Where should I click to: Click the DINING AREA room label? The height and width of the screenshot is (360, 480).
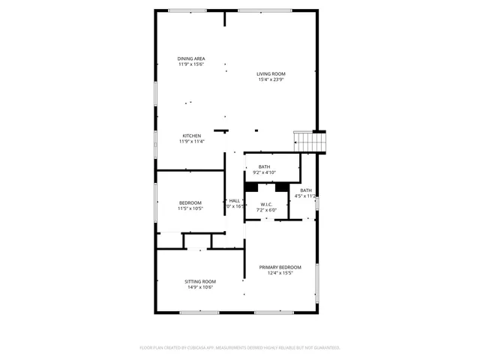point(191,58)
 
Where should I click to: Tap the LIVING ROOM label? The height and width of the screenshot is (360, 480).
point(271,73)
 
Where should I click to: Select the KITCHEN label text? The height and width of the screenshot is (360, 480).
point(191,136)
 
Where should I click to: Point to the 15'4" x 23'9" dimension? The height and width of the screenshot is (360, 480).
point(271,80)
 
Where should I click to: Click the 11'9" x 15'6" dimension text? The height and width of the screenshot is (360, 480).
point(191,65)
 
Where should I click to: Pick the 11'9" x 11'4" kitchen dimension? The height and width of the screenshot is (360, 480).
point(191,142)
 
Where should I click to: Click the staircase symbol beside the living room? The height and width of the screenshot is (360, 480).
point(308,140)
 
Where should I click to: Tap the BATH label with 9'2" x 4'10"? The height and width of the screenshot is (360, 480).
point(264,166)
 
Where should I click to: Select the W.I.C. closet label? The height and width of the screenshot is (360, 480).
point(266,204)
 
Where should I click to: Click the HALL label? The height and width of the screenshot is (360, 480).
point(235,200)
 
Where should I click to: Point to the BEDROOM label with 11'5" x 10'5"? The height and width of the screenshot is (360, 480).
point(190,203)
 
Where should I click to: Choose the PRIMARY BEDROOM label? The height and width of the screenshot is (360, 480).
point(280,267)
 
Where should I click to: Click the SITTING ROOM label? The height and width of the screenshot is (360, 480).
point(199,281)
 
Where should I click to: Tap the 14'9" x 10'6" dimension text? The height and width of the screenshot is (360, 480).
point(199,287)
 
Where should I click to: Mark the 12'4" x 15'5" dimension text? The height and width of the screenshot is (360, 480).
point(280,273)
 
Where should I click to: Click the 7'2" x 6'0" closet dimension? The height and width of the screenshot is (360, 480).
point(266,210)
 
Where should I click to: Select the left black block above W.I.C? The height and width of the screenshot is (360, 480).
point(251,187)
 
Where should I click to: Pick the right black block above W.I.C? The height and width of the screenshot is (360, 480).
point(282,187)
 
